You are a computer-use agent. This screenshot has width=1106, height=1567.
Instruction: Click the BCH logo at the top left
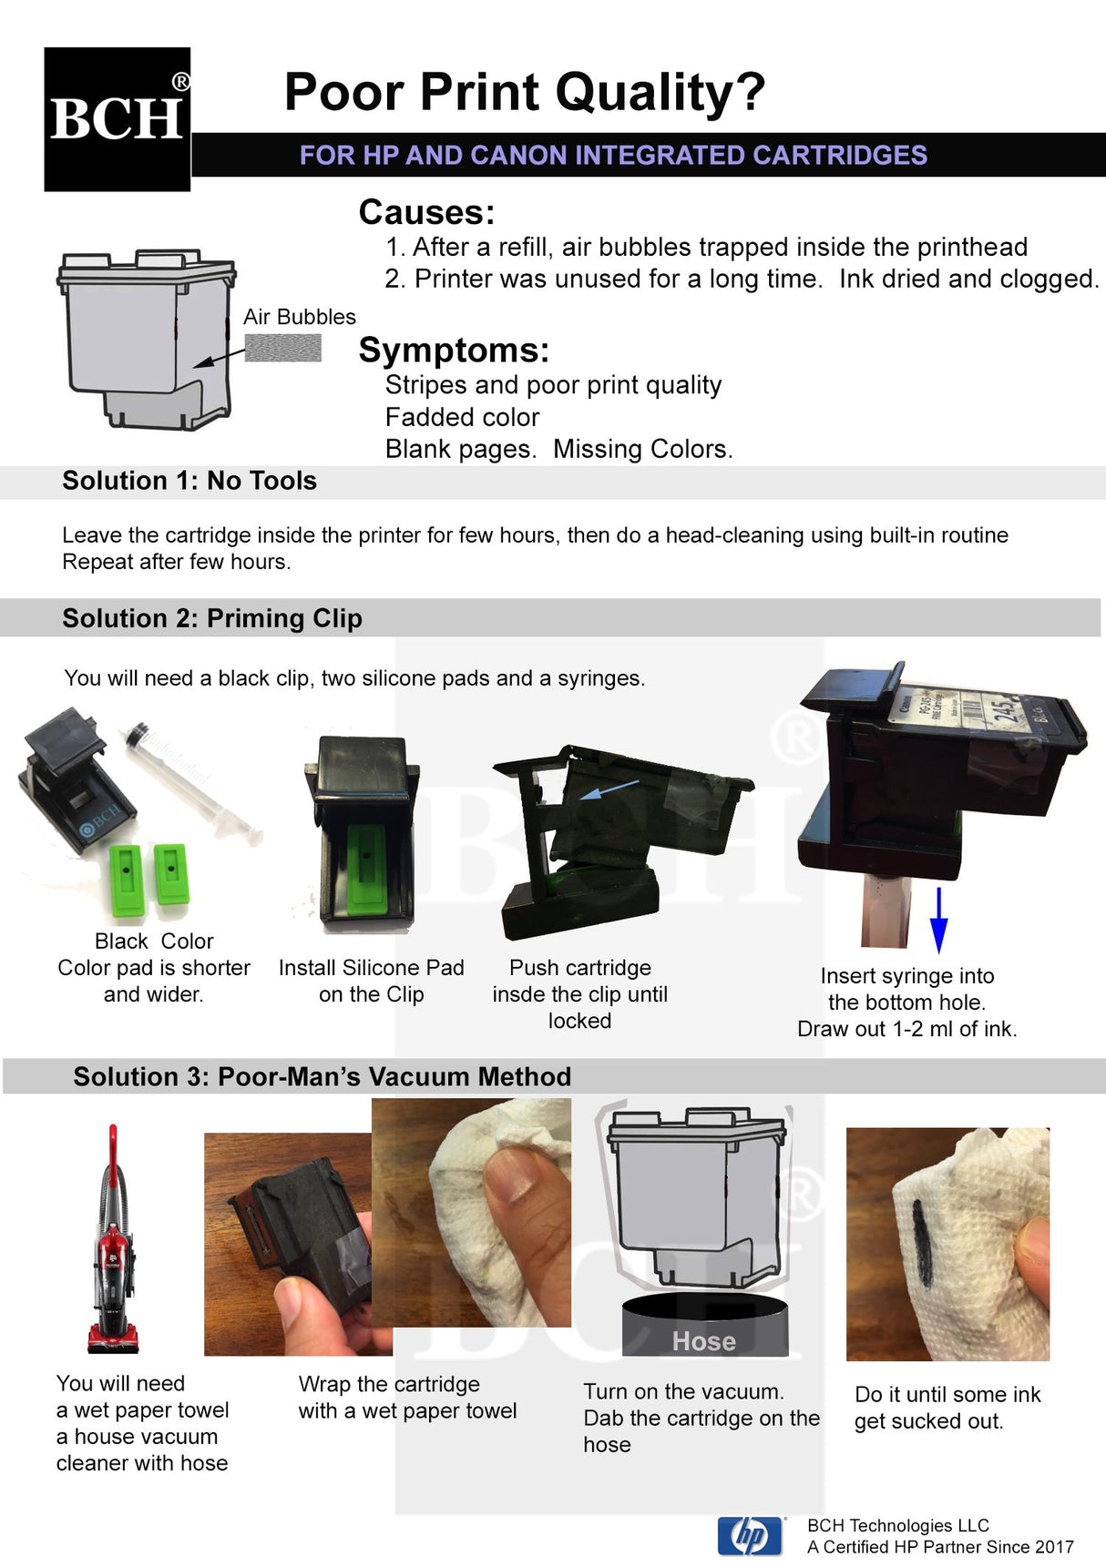coord(117,119)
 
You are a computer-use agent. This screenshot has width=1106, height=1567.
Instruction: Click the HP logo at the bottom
coord(750,1537)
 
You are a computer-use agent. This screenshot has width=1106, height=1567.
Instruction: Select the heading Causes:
coord(426,212)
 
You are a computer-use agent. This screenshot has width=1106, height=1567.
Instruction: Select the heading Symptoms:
coord(454,351)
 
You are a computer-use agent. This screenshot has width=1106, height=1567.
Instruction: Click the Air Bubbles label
coord(299,317)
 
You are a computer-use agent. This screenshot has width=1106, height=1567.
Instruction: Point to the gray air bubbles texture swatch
coord(283,348)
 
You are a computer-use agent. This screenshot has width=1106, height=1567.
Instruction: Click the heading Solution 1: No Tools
coord(189,481)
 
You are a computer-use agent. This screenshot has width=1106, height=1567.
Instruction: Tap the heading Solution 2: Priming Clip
coord(212,618)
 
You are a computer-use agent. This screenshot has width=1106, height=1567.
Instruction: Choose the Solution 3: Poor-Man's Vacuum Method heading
coord(322,1077)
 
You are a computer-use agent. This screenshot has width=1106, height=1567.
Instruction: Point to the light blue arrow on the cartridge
coord(609,789)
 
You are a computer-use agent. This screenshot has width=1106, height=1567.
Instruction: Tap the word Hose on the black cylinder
coord(703,1341)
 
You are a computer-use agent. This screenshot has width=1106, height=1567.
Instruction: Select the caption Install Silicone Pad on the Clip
coord(372,981)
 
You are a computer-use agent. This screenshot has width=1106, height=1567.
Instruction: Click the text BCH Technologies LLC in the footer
coord(897,1525)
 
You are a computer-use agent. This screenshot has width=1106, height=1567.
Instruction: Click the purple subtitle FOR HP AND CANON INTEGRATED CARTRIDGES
coord(613,155)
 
